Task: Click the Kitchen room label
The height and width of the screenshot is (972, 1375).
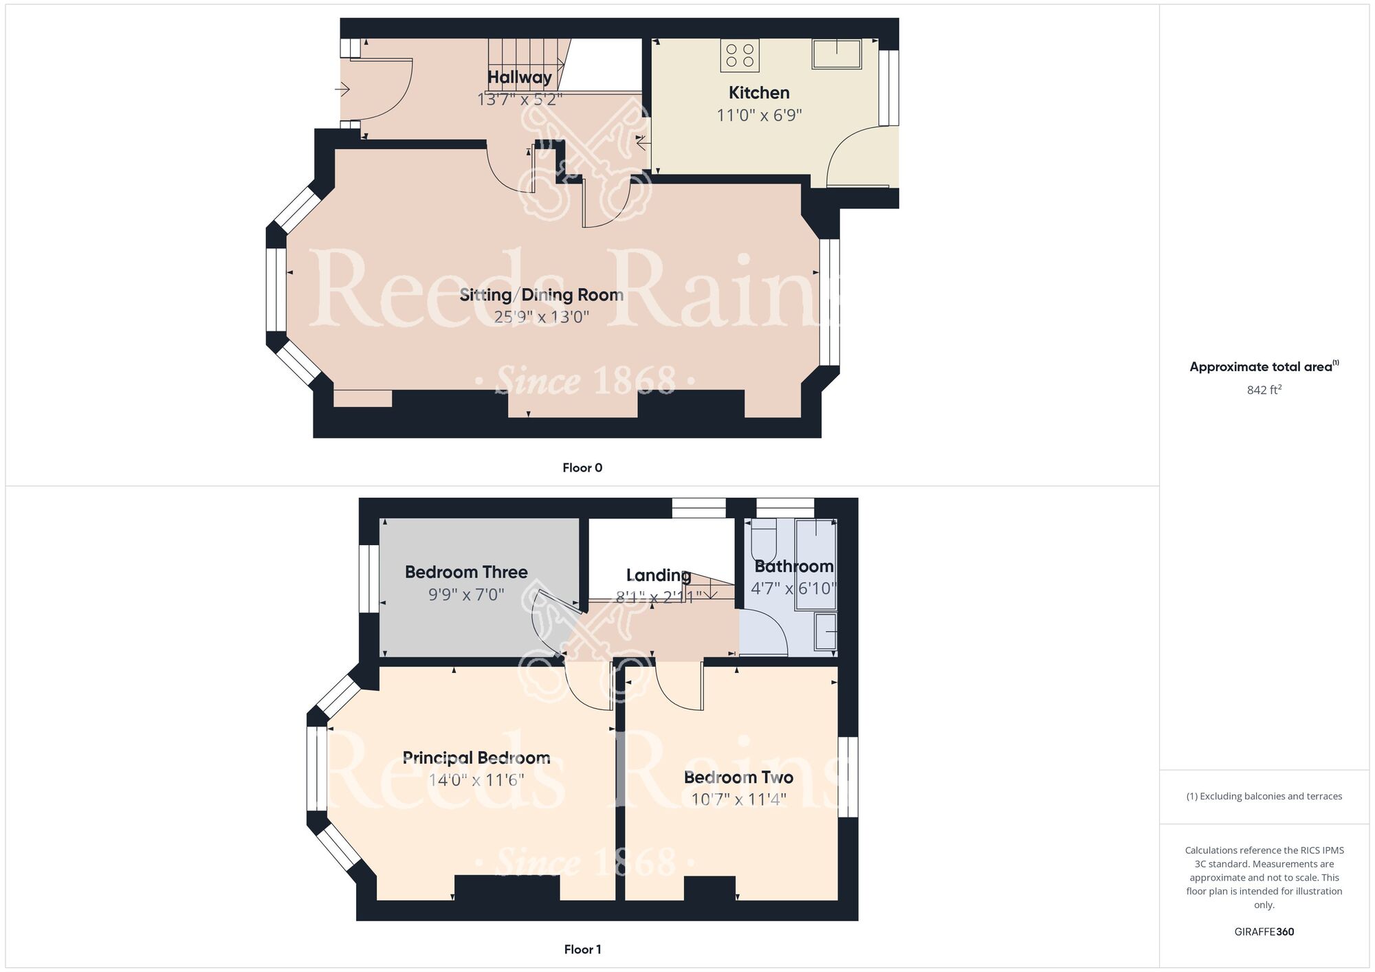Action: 759,93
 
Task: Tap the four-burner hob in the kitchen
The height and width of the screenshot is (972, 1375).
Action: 740,56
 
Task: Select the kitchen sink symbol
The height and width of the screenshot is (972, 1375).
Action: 837,54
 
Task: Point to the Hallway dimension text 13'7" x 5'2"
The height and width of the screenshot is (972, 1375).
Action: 520,100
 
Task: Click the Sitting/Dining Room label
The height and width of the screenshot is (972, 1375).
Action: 542,295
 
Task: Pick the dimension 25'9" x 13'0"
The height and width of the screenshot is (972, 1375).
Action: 542,317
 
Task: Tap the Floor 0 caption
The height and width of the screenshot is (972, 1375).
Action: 582,468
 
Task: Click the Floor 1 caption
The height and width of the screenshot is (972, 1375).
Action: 582,949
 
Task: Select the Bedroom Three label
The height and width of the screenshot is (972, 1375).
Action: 466,572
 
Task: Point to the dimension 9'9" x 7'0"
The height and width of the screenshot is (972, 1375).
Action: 466,595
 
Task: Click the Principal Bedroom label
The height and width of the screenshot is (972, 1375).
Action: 476,758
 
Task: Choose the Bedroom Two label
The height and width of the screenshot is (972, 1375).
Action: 738,777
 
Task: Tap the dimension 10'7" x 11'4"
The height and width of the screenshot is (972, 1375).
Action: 738,799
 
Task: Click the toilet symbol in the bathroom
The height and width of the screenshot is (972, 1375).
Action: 764,539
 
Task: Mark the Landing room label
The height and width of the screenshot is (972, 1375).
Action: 659,575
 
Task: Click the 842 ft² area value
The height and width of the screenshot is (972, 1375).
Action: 1264,390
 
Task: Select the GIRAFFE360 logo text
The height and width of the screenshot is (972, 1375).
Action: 1264,932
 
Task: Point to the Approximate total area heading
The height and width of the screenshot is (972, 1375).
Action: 1264,366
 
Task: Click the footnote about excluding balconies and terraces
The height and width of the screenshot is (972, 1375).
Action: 1264,796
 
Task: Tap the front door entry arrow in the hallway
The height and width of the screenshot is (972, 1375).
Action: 342,89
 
